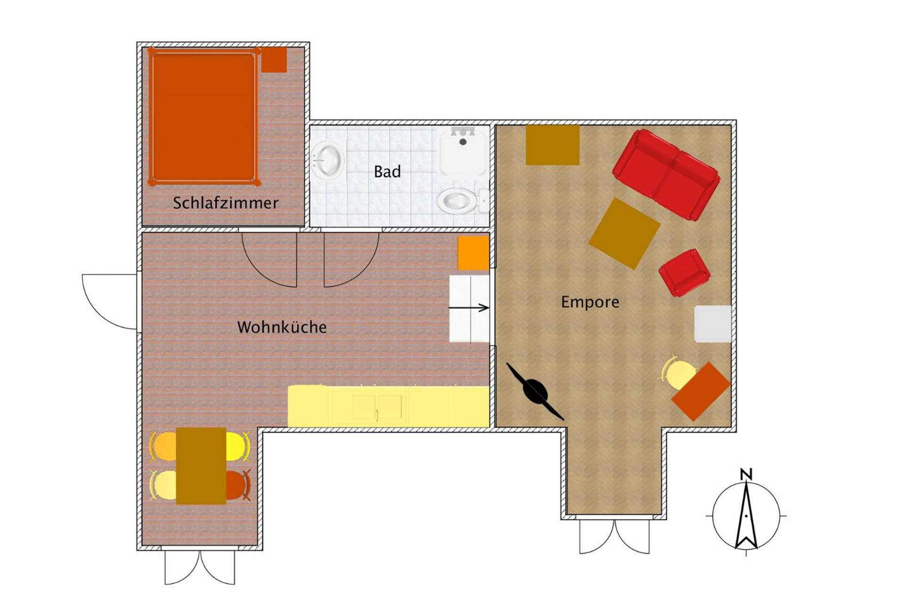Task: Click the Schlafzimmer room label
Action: pos(226,203)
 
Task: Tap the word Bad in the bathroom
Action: pos(387,171)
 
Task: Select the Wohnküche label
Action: pos(282,327)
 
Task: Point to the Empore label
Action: pos(590,301)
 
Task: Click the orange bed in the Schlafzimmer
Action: pos(203,116)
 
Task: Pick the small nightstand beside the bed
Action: pos(274,59)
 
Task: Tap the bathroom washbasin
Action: pos(327,160)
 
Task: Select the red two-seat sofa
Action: pos(666,175)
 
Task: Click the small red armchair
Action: pos(684,273)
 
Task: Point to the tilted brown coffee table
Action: pos(624,233)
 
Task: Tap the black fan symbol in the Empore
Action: pos(535,391)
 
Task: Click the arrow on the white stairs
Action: pos(469,308)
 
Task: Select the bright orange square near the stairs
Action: pos(473,253)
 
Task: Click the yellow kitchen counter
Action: pos(388,407)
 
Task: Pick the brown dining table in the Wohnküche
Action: pos(201,466)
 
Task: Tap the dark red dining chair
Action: pos(238,485)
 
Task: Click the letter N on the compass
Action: pos(746,474)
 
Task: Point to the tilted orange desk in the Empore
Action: pos(701,391)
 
